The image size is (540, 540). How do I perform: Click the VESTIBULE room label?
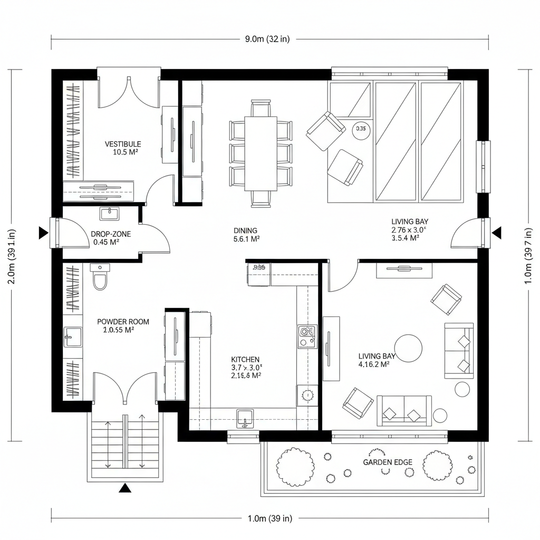click(x=123, y=144)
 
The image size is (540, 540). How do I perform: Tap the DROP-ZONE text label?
click(x=111, y=234)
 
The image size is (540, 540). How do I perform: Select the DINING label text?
click(x=245, y=230)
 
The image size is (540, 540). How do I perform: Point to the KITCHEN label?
click(x=245, y=359)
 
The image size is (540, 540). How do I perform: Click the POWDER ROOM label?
click(x=123, y=321)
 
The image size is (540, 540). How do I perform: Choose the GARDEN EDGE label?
click(x=388, y=462)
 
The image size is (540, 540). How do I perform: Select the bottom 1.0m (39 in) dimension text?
click(x=269, y=518)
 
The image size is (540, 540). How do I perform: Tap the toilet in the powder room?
click(x=100, y=278)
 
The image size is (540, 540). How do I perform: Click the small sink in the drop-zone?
click(x=110, y=214)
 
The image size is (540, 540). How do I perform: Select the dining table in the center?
click(x=261, y=153)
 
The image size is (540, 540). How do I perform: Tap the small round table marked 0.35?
click(x=361, y=129)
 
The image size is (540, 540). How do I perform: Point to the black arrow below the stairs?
click(x=125, y=488)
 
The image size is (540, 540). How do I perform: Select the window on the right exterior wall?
click(x=483, y=167)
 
